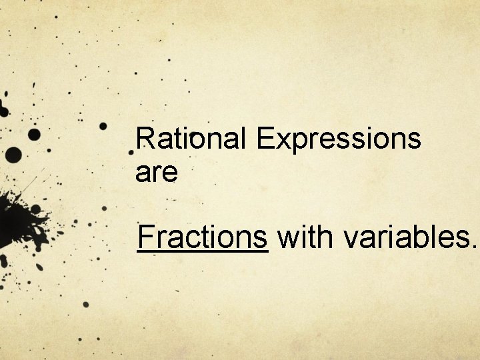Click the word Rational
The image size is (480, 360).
pyautogui.click(x=191, y=139)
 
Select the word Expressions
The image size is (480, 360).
pyautogui.click(x=338, y=141)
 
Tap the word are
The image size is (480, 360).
pyautogui.click(x=156, y=173)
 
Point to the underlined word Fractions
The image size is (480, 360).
pyautogui.click(x=202, y=237)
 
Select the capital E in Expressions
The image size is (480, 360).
pyautogui.click(x=265, y=139)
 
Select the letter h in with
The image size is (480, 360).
pyautogui.click(x=319, y=237)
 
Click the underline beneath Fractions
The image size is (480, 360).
pyautogui.click(x=202, y=251)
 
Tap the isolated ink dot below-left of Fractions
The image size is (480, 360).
pyautogui.click(x=85, y=305)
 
